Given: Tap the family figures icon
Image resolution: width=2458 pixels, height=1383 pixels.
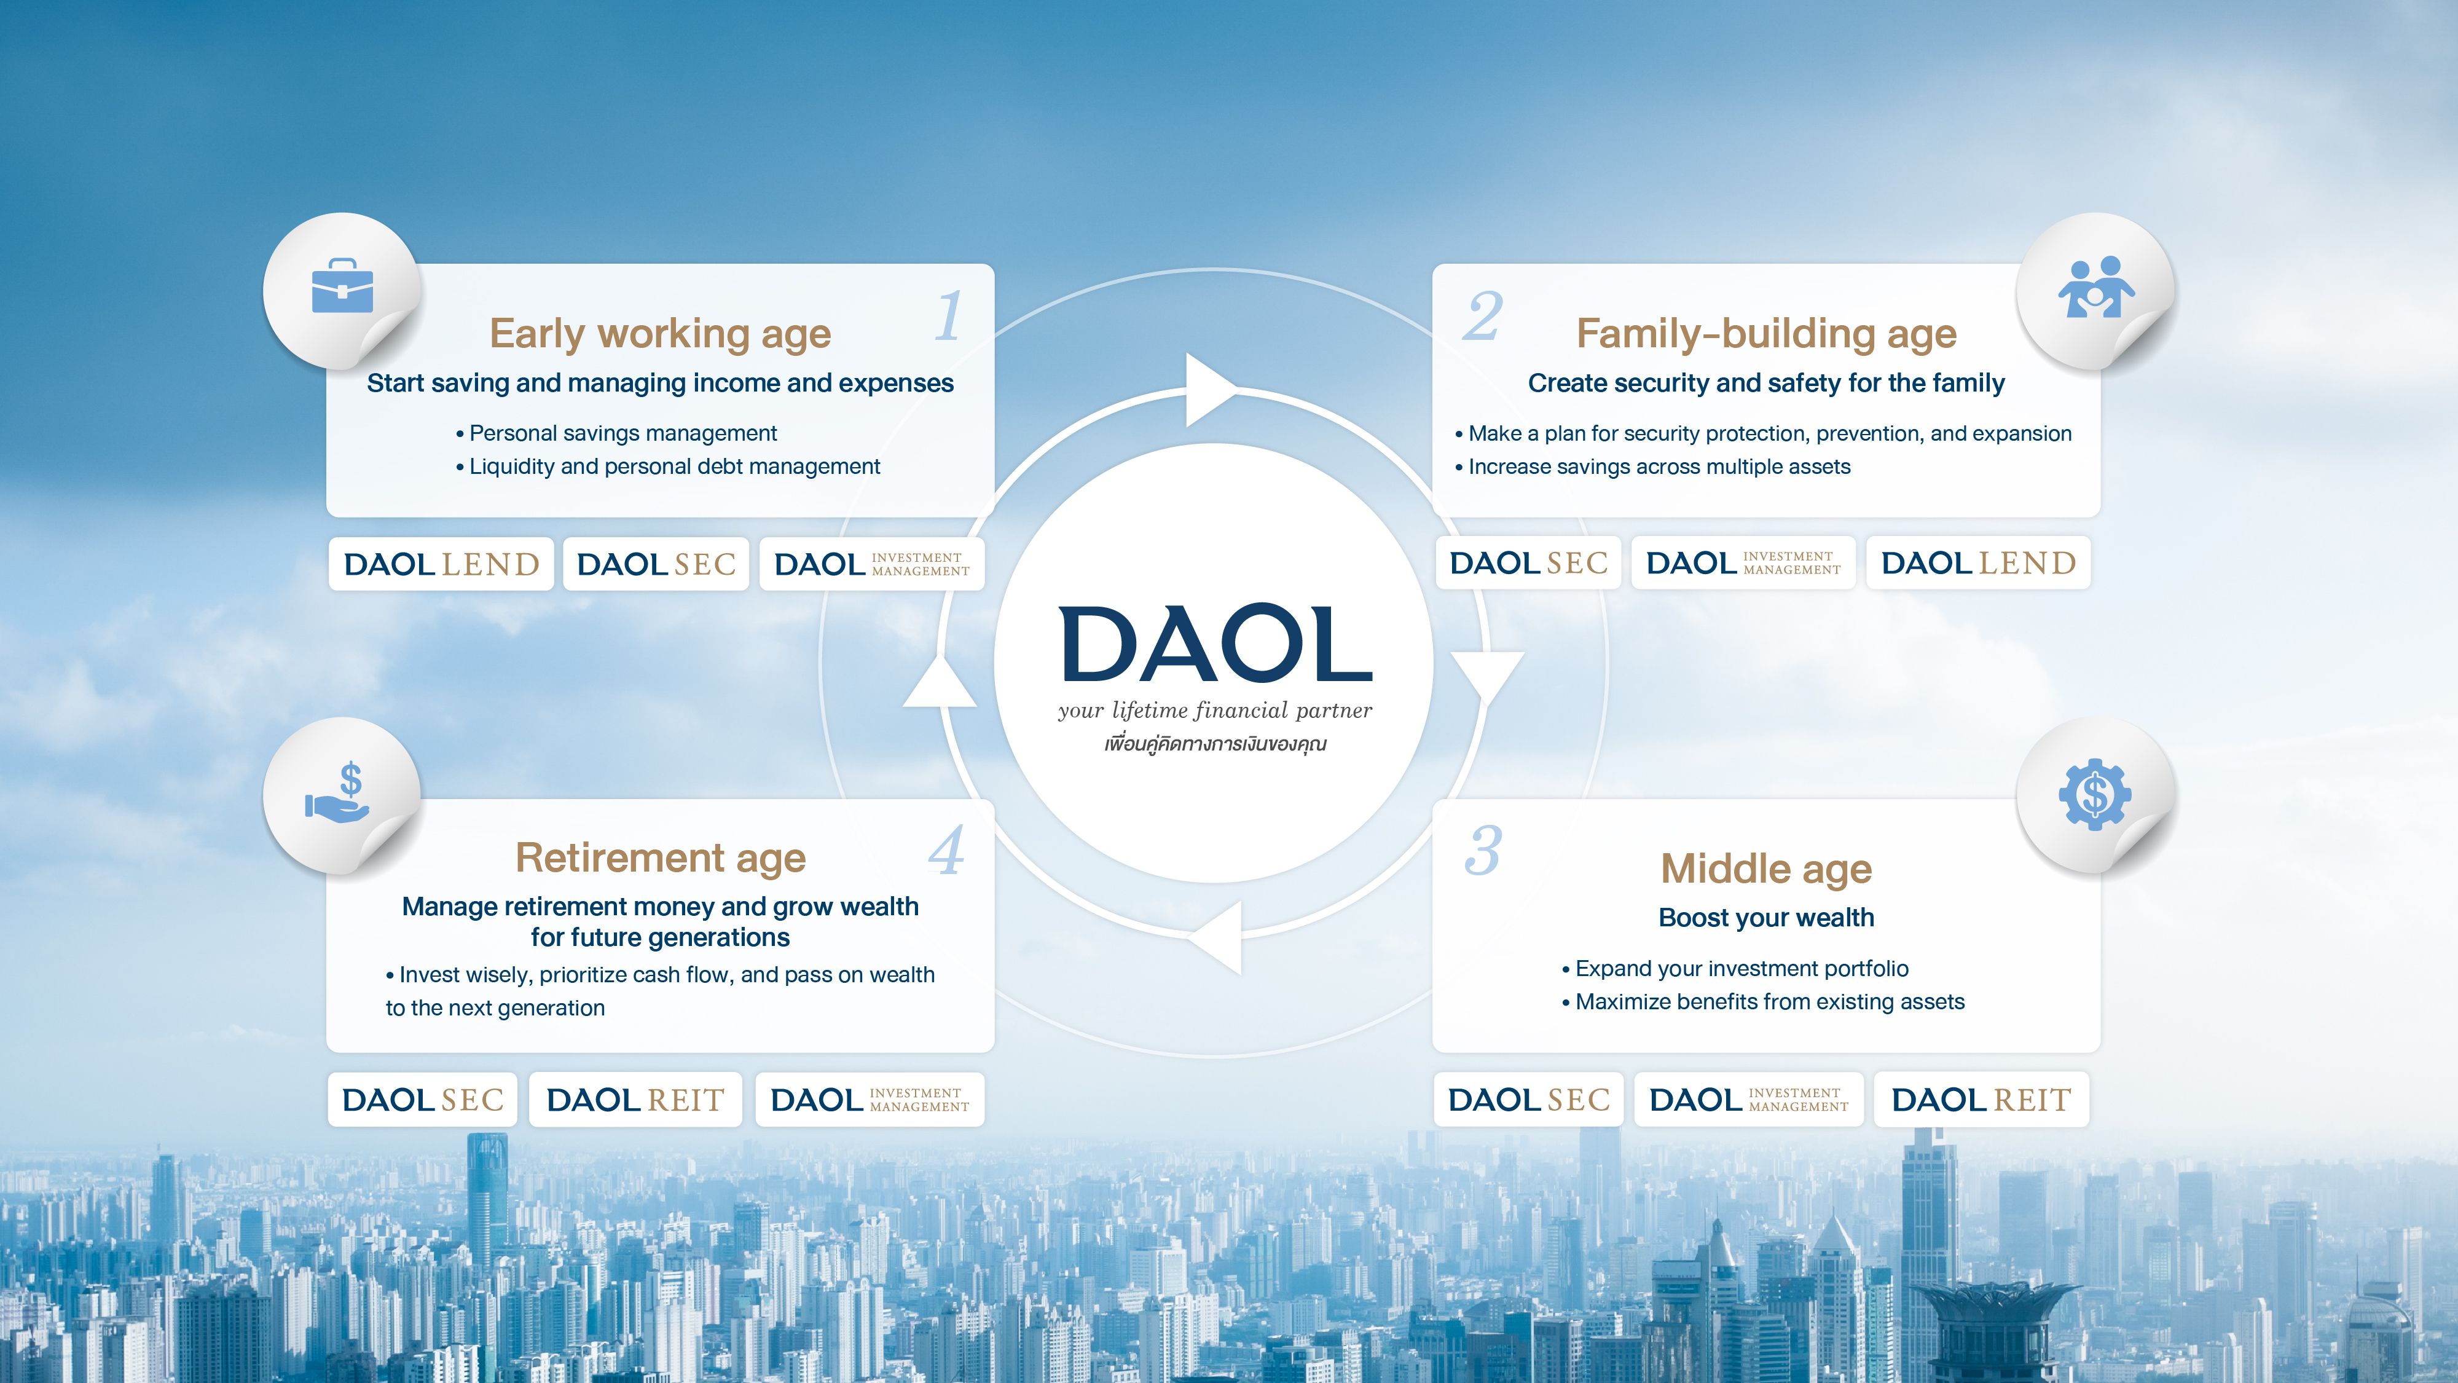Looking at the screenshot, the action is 2095,286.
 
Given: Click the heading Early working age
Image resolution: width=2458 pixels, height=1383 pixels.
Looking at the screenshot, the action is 661,334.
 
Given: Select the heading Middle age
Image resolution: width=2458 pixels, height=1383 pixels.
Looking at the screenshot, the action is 1766,869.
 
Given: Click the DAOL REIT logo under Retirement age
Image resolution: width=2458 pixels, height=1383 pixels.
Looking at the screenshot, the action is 635,1100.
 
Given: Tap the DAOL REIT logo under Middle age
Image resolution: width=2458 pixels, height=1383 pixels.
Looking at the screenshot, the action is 1981,1100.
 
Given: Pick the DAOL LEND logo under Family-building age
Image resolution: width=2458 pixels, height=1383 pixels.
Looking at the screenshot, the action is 1978,563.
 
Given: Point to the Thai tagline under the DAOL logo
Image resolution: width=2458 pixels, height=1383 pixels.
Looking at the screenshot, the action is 1215,744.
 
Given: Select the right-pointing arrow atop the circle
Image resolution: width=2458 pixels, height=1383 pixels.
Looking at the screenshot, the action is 1212,390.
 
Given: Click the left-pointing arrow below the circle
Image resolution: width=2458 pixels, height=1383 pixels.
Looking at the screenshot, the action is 1215,938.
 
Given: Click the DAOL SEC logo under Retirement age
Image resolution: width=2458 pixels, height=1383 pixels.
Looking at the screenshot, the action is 423,1100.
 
